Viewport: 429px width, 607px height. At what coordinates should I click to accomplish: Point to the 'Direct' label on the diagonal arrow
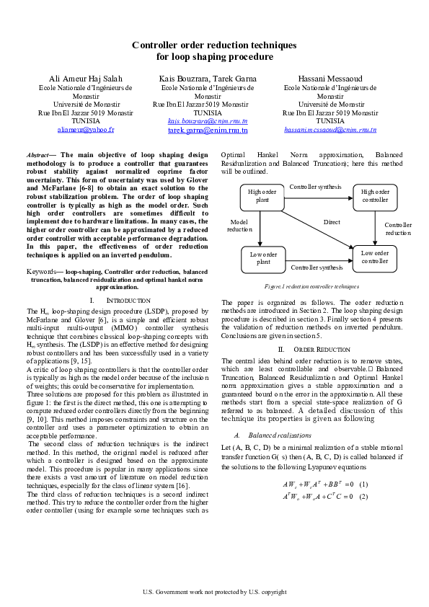(x=331, y=223)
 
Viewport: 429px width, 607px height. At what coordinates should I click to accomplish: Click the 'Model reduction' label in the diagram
(x=240, y=226)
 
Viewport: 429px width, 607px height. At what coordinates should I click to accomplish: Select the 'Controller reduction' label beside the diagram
(x=397, y=229)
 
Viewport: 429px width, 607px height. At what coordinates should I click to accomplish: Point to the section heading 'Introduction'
(x=128, y=300)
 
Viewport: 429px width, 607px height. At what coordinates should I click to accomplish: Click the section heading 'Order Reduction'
(x=322, y=349)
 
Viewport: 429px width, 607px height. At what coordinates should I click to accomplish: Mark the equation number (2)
(x=363, y=496)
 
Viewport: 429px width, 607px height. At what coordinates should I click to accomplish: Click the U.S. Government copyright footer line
(x=214, y=592)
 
